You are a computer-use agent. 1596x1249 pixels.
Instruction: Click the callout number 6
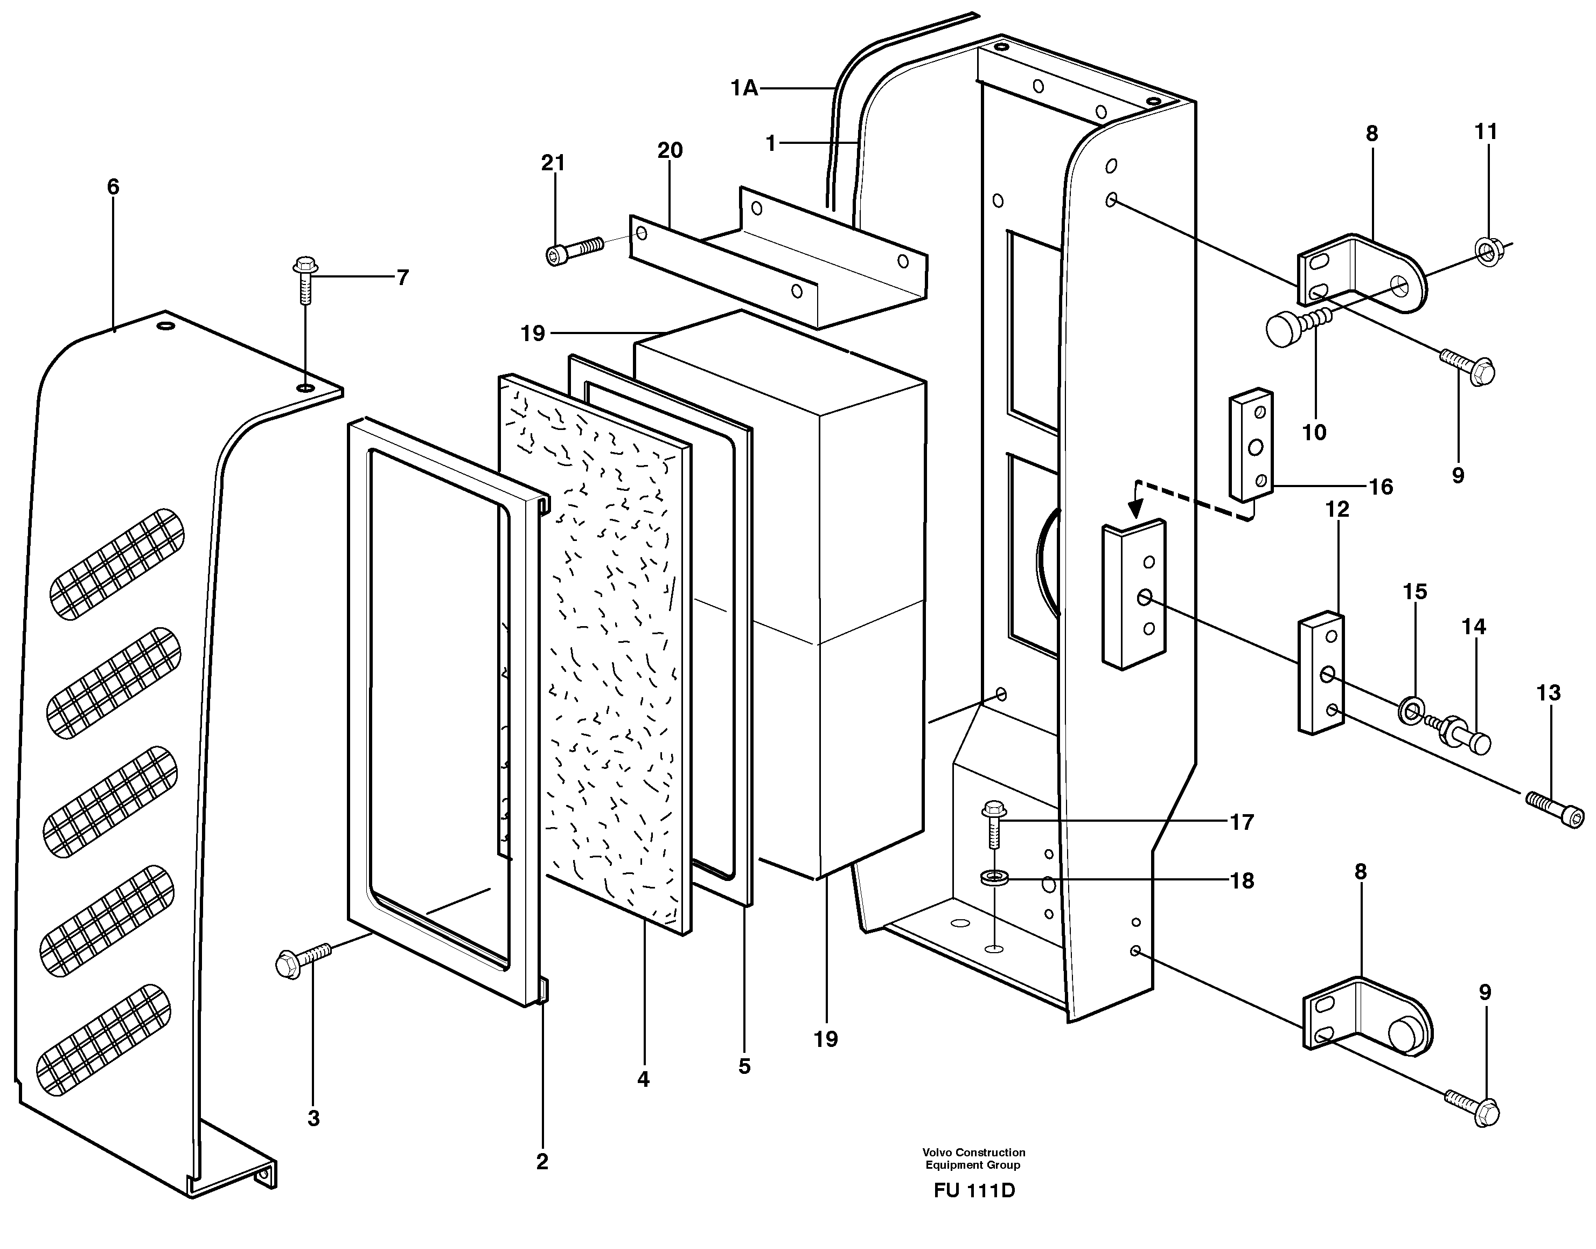[x=113, y=187]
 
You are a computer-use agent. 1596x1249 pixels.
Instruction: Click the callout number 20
[x=669, y=151]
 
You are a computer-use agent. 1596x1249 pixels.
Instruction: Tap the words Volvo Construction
[x=973, y=1153]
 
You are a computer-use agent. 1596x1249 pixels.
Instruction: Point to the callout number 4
[x=643, y=1079]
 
